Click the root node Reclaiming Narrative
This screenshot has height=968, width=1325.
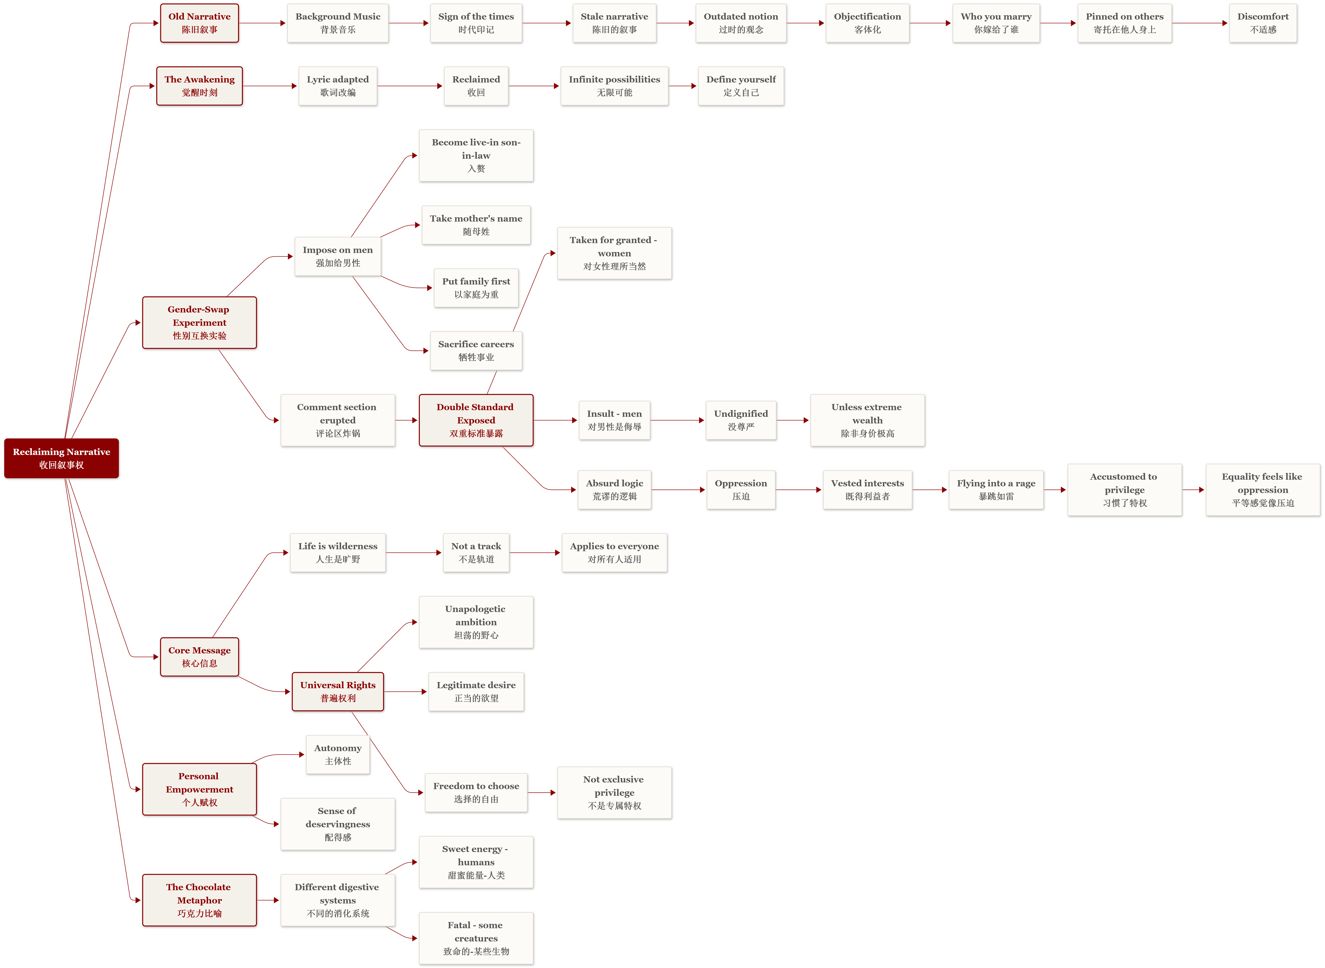click(x=61, y=458)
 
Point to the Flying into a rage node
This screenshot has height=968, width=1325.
click(x=996, y=490)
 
